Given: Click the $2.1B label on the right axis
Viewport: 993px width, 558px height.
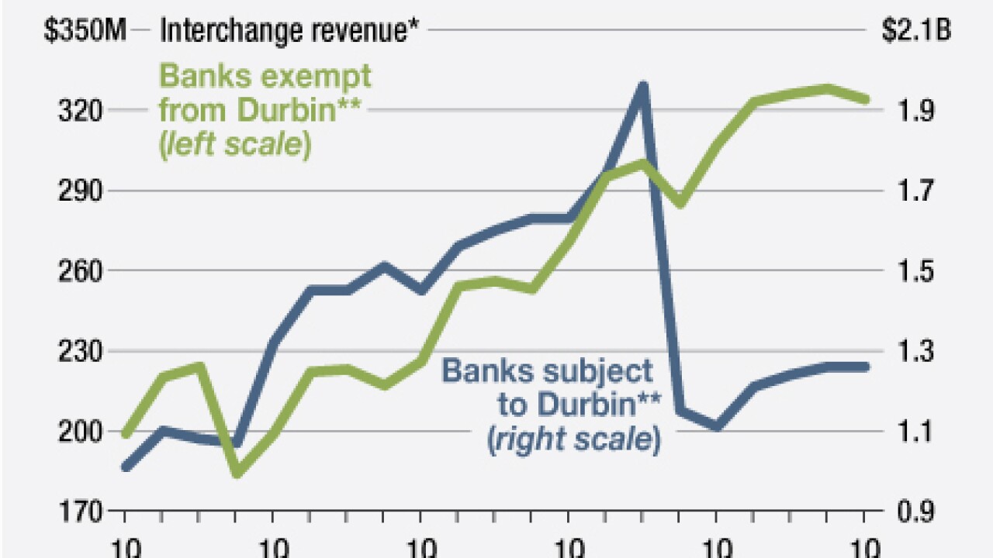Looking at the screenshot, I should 916,30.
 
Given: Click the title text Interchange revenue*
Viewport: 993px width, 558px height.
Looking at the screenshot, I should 286,30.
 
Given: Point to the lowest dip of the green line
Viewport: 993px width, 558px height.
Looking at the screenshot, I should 237,472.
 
